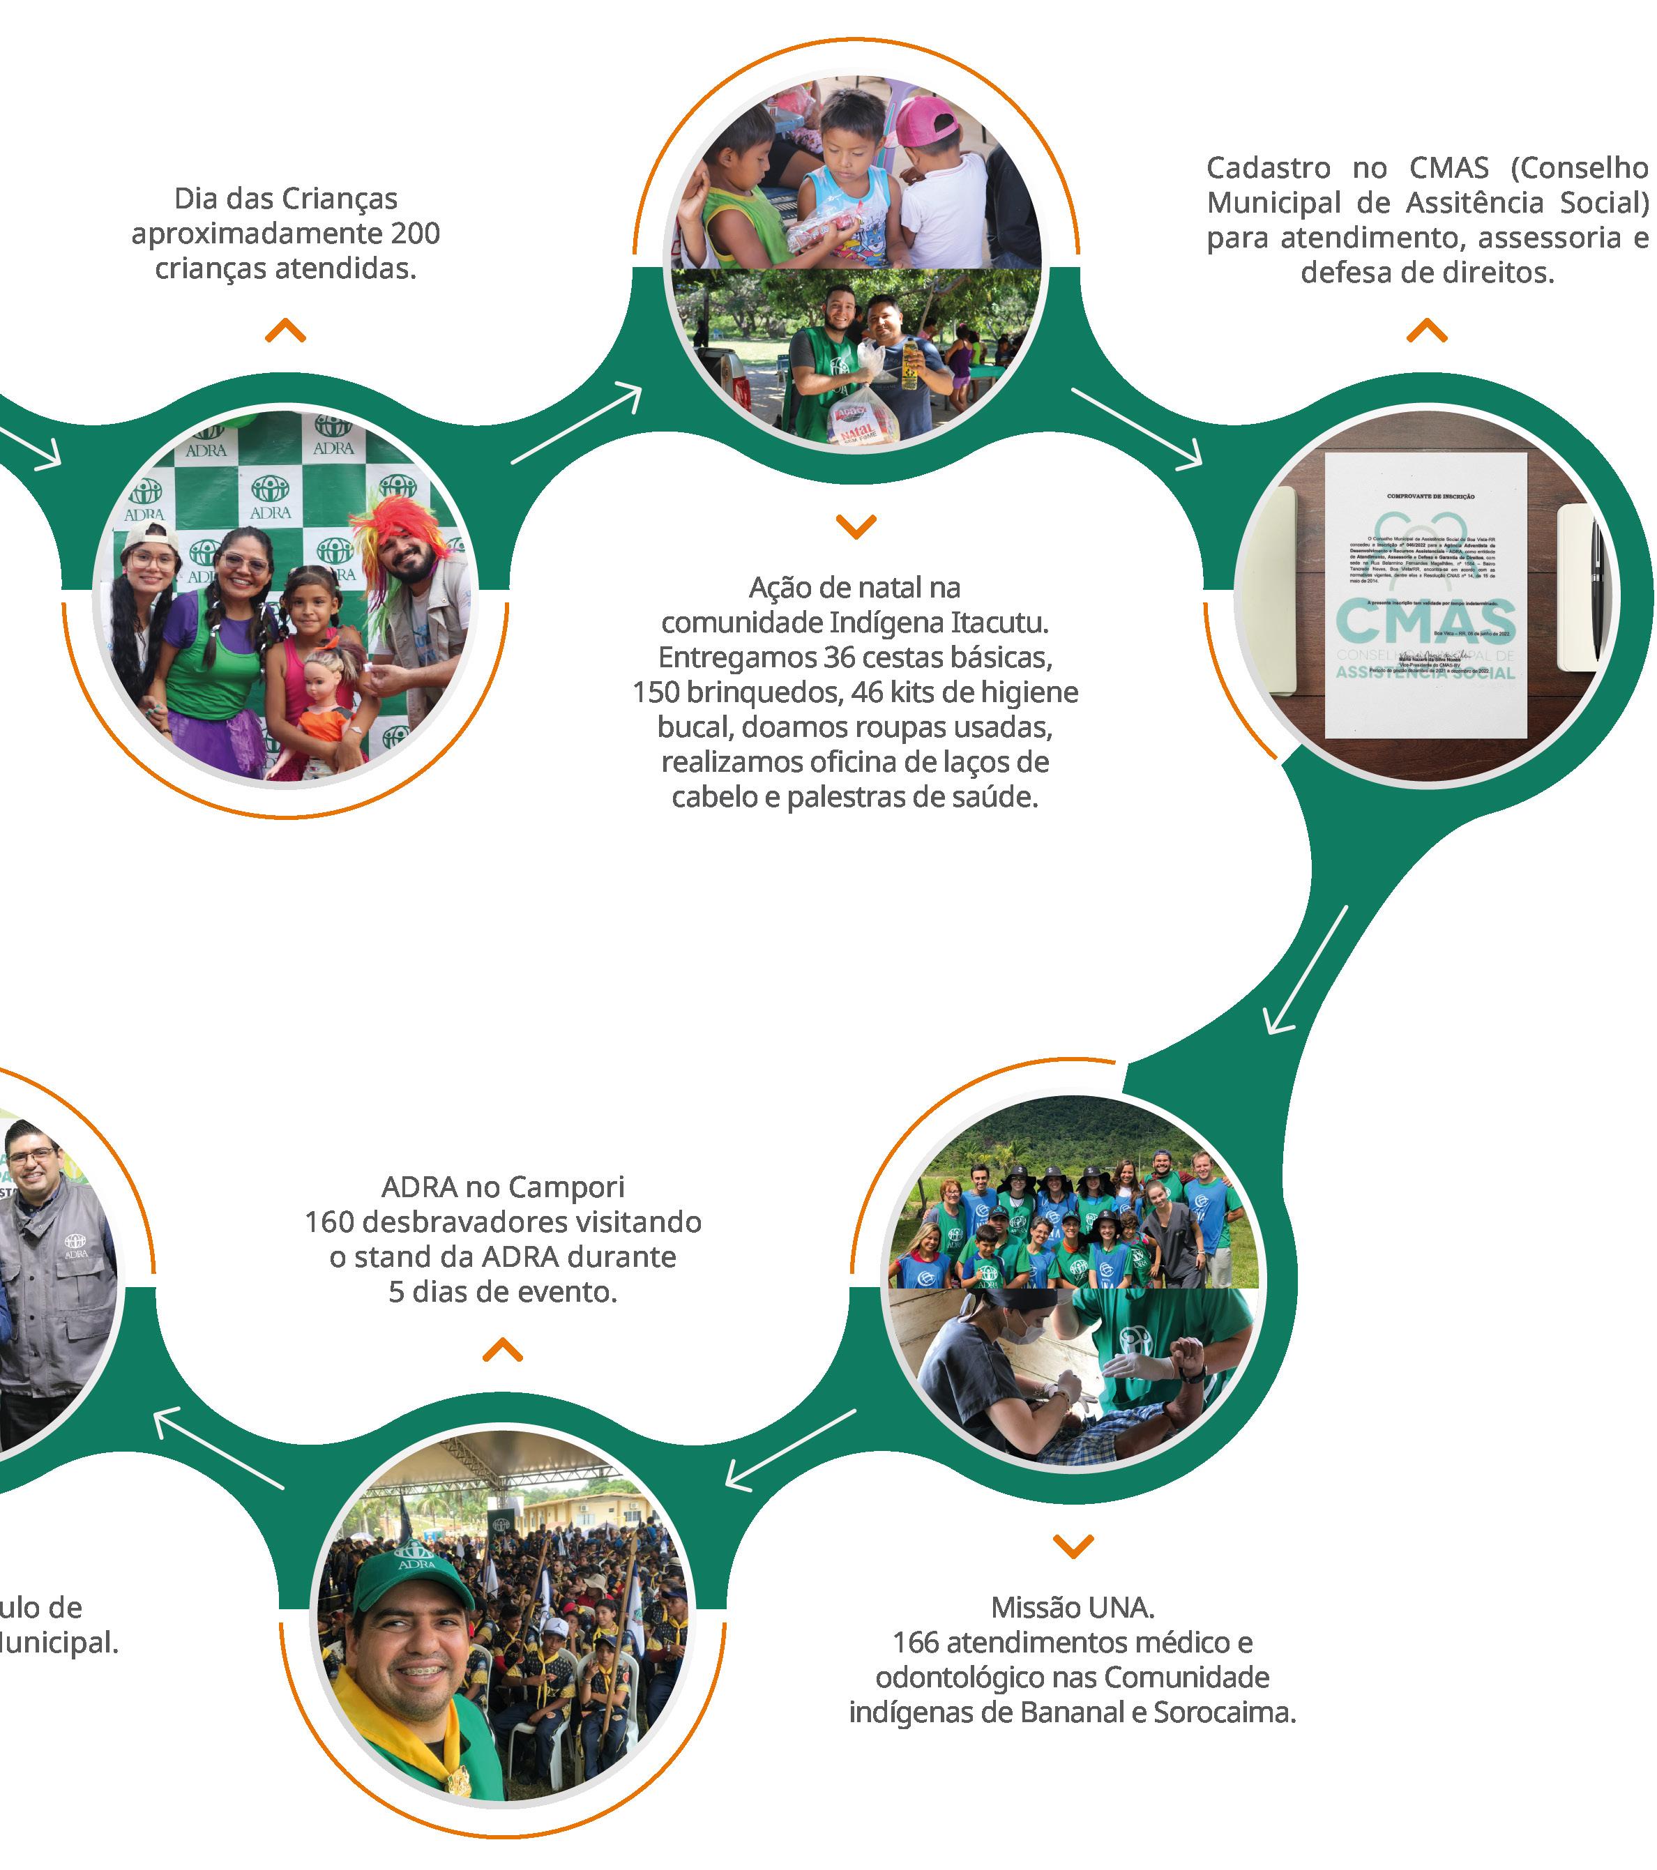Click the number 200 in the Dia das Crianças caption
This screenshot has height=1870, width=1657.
[416, 234]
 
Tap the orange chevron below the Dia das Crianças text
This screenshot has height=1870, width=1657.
[285, 331]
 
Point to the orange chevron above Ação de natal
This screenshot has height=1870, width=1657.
[856, 526]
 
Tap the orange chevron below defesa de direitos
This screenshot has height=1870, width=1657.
[1426, 331]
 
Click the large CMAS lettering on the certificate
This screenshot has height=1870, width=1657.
[1425, 622]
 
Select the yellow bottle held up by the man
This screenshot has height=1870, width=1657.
[909, 363]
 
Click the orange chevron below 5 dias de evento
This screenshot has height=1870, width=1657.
[502, 1351]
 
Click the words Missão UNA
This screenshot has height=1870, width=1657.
[1073, 1607]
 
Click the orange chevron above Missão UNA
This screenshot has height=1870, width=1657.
[1073, 1546]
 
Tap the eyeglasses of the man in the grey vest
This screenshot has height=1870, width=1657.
[29, 1157]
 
